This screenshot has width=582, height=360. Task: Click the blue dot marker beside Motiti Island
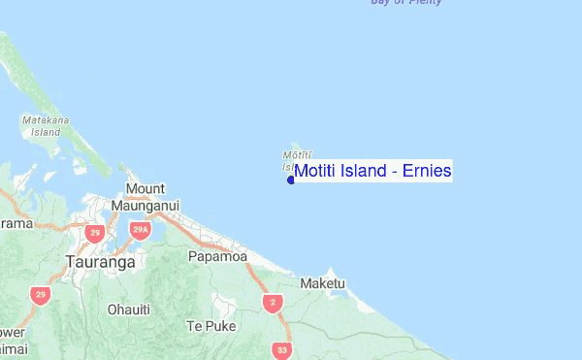click(x=291, y=180)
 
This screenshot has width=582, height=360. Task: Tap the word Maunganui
click(x=145, y=206)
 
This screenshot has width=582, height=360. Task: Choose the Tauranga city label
click(x=100, y=261)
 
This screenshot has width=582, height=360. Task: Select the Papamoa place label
click(x=217, y=257)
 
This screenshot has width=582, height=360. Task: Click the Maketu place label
click(x=323, y=283)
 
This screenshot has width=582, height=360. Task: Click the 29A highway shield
click(x=139, y=230)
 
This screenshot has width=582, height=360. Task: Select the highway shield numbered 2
click(x=273, y=304)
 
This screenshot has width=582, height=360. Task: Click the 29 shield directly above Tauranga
click(x=94, y=233)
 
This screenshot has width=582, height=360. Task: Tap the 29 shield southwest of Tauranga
click(x=40, y=295)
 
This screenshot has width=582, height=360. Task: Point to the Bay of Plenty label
click(x=406, y=3)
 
